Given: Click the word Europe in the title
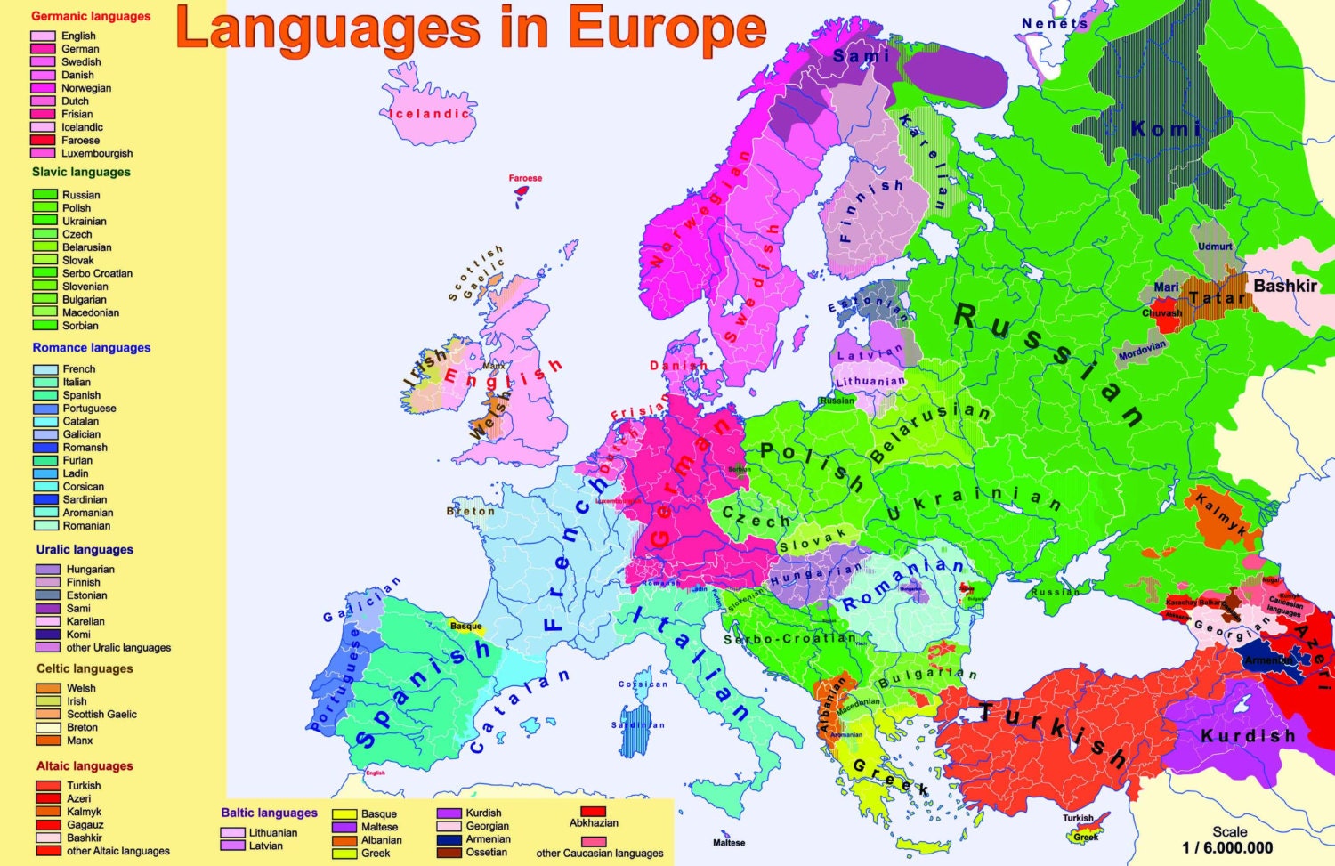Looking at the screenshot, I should tap(667, 28).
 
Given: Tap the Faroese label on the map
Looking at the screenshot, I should tap(525, 178).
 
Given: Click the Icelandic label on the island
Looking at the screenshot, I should tap(429, 114).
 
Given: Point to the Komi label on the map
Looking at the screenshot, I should tap(1165, 129).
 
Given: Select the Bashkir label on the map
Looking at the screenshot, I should tap(1284, 286).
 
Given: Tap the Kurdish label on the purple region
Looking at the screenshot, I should tap(1248, 736).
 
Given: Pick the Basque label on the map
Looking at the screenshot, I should tap(465, 626).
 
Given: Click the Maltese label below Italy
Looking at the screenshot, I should tap(729, 842).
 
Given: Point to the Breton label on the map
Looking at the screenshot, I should tap(470, 511).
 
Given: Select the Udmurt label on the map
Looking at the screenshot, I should tap(1215, 247).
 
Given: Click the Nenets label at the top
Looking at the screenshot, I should tap(1055, 23).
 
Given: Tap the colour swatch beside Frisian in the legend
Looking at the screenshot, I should tap(43, 114).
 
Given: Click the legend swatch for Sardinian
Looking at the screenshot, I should tap(45, 499).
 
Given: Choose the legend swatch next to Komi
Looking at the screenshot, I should tap(48, 635).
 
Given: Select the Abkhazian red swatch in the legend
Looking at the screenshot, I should tap(593, 811).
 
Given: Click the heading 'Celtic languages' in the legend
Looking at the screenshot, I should tap(85, 668).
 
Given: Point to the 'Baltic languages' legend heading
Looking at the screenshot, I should tap(269, 813).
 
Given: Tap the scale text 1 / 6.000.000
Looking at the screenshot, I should tap(1227, 847).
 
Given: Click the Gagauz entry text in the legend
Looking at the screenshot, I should tap(85, 824).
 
